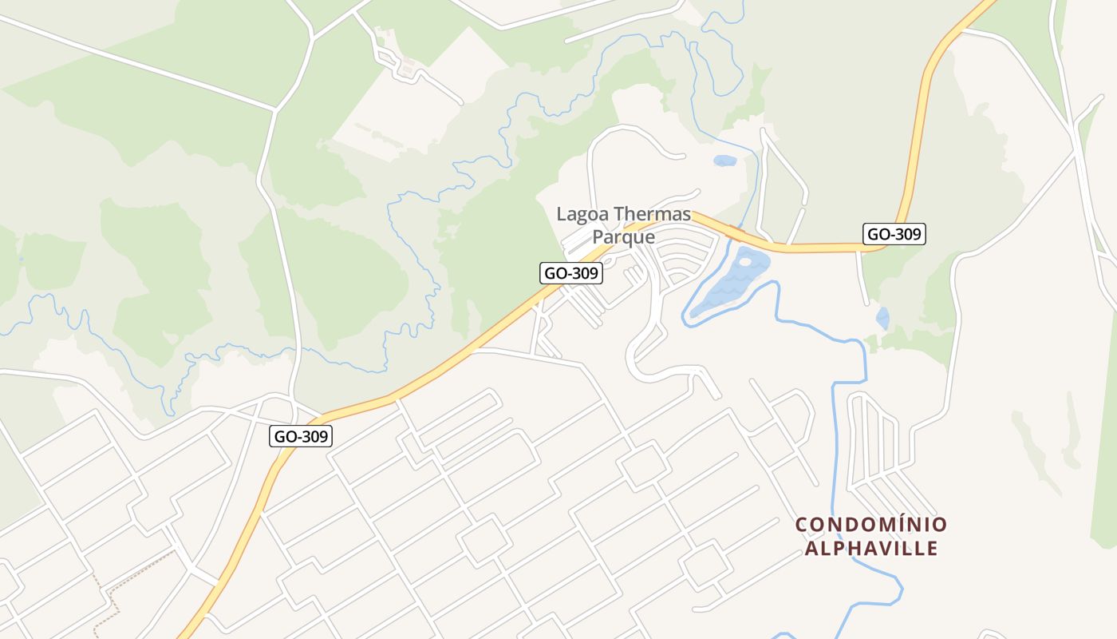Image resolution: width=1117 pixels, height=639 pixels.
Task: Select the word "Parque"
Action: (623, 237)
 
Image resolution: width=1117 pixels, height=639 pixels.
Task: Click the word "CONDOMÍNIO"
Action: (871, 525)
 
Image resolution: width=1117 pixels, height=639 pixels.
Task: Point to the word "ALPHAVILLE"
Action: (871, 549)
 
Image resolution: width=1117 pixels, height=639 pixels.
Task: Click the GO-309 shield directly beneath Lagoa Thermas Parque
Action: (570, 273)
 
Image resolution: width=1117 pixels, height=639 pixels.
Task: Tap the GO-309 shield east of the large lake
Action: (894, 234)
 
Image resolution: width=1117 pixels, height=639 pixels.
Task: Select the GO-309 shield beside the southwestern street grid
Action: (301, 436)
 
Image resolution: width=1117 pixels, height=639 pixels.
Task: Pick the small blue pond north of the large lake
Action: (724, 161)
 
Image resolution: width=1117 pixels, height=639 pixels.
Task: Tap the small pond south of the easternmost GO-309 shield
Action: (882, 318)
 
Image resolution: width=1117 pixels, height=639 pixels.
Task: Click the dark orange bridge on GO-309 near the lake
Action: (736, 233)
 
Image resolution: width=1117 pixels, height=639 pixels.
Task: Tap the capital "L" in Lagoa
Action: (562, 214)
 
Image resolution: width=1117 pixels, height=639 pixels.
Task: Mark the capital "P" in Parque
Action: (598, 237)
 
